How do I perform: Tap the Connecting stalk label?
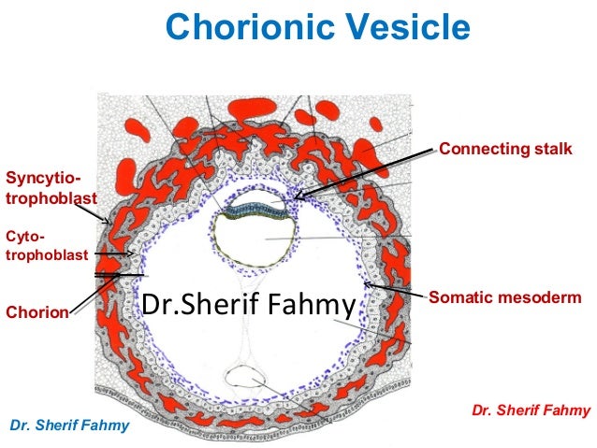pyautogui.click(x=505, y=150)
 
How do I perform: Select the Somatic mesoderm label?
pyautogui.click(x=505, y=297)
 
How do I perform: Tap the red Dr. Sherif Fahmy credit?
pyautogui.click(x=531, y=410)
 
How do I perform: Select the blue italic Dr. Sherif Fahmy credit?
pyautogui.click(x=69, y=426)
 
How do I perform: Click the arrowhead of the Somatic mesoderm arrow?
pyautogui.click(x=366, y=284)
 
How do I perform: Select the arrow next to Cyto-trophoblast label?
pyautogui.click(x=117, y=253)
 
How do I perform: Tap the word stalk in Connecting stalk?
pyautogui.click(x=552, y=150)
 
